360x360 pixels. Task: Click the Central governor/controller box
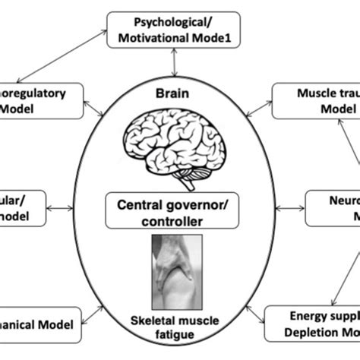pyautogui.click(x=179, y=213)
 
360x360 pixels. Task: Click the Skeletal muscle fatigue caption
pyautogui.click(x=180, y=329)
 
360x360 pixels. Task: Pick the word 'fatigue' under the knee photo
pyautogui.click(x=180, y=337)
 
